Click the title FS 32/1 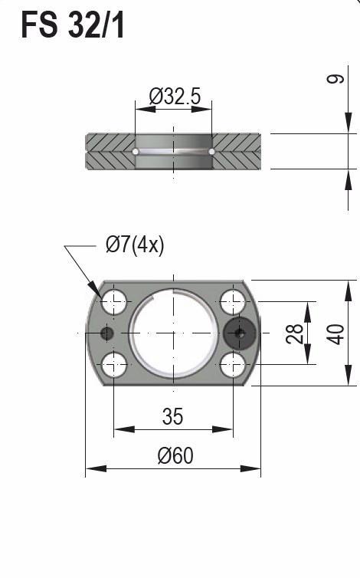click(x=73, y=26)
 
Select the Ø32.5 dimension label click(x=174, y=97)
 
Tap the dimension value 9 click(x=335, y=80)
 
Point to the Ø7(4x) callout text click(x=135, y=245)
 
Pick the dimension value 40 click(x=335, y=333)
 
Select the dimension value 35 click(x=173, y=416)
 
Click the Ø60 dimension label click(x=175, y=455)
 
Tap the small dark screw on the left click(x=106, y=333)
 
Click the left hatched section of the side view click(x=110, y=151)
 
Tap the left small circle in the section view click(x=136, y=152)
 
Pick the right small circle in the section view click(x=211, y=152)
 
